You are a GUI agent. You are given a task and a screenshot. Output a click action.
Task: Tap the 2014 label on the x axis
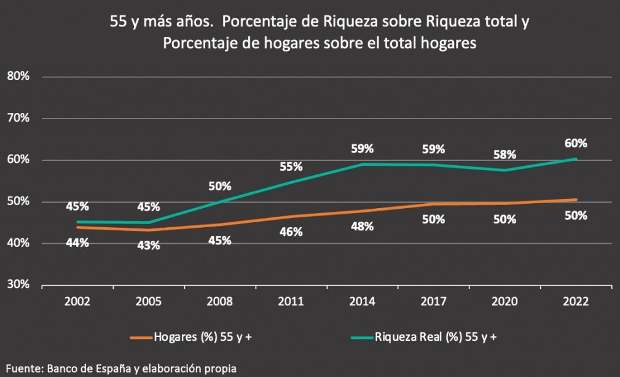(363, 301)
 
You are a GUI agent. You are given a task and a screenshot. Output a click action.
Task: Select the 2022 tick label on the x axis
(576, 301)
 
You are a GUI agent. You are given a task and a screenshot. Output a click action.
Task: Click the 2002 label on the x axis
(77, 301)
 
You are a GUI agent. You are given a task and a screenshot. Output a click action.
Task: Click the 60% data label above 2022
(576, 143)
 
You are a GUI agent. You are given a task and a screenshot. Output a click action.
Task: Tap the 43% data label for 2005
(149, 246)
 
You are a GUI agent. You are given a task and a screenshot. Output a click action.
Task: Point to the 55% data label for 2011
(291, 166)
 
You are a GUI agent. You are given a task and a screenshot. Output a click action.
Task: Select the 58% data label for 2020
(504, 155)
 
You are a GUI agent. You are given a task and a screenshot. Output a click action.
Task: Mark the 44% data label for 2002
(77, 243)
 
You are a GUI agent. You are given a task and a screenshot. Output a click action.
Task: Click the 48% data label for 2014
(363, 226)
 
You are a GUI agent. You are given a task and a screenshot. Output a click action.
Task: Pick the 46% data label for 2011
(291, 231)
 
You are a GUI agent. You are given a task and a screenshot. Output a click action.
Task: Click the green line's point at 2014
(363, 164)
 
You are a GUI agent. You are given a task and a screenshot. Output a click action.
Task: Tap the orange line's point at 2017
(433, 204)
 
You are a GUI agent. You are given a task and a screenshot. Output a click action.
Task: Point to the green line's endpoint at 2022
(576, 159)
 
